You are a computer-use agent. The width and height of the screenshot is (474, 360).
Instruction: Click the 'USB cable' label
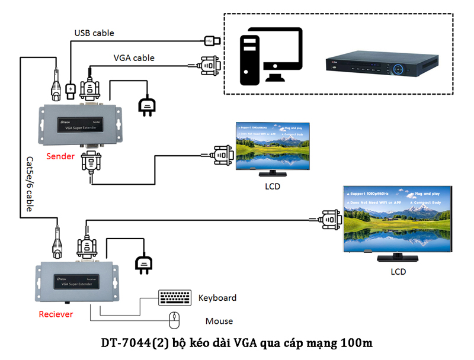pos(94,33)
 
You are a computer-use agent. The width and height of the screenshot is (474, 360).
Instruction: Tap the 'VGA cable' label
pos(134,58)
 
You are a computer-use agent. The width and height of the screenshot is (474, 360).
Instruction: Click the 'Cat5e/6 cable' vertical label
pos(29,184)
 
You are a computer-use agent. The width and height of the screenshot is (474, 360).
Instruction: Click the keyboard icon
pos(175,297)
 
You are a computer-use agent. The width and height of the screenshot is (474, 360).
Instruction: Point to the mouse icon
pos(174,320)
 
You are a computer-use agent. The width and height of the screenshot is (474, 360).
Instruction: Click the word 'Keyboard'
pos(217,298)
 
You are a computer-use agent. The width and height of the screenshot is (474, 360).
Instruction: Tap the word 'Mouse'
pos(219,322)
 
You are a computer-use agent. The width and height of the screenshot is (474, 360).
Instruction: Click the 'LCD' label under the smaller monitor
pos(273,186)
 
